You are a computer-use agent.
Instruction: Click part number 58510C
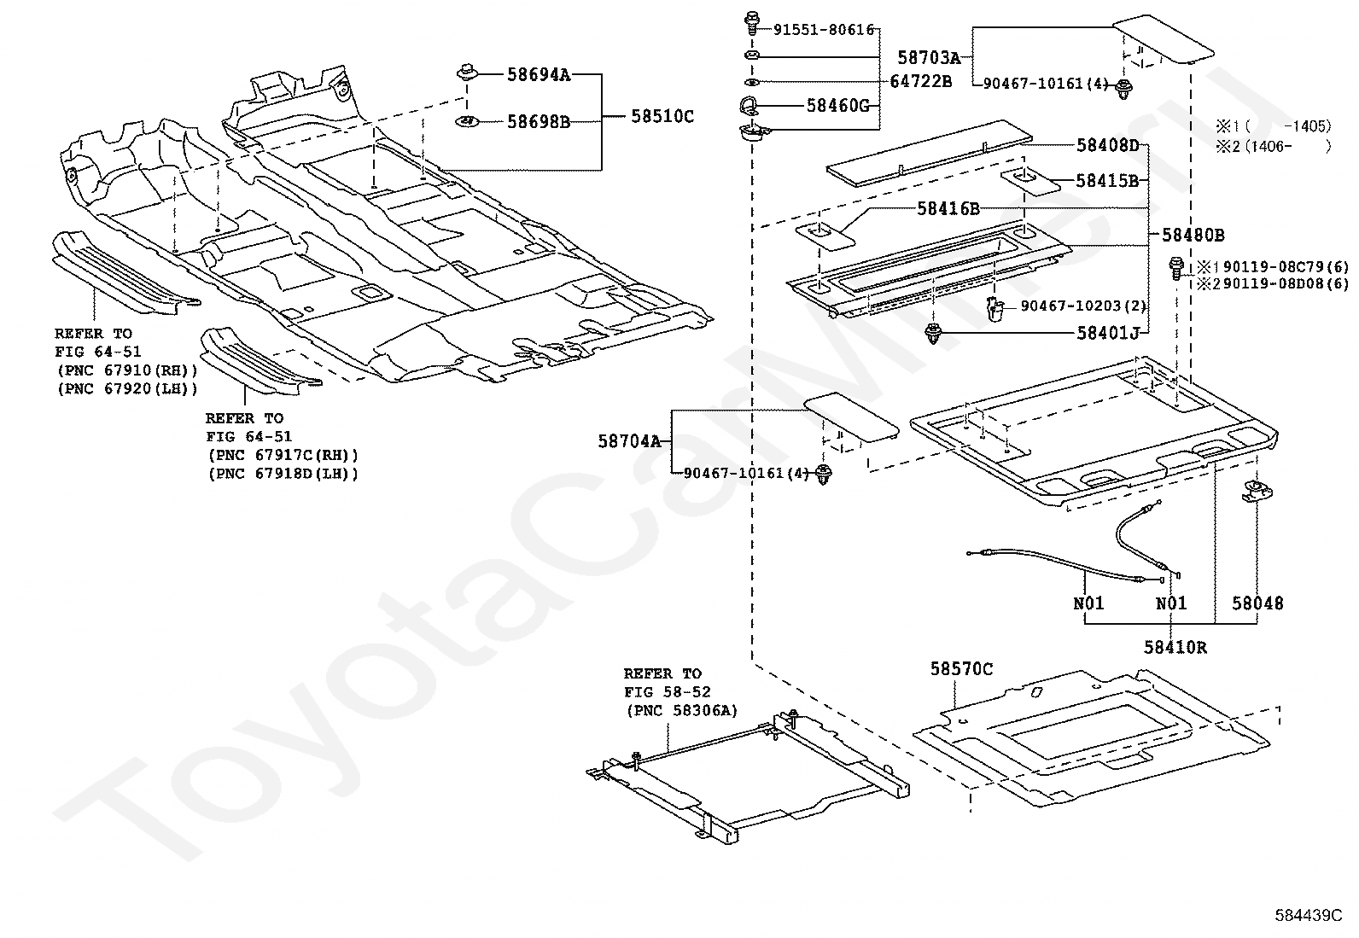[x=662, y=116]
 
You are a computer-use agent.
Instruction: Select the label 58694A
[x=538, y=74]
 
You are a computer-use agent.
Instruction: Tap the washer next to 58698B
[x=468, y=121]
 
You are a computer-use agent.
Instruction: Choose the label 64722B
[x=920, y=81]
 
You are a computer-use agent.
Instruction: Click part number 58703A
[x=929, y=57]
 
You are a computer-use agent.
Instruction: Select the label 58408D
[x=1107, y=145]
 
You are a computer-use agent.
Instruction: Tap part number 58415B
[x=1107, y=180]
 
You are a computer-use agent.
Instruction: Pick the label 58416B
[x=948, y=208]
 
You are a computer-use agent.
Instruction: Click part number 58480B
[x=1193, y=235]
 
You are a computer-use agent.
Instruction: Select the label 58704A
[x=629, y=441]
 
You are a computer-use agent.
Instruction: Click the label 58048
[x=1257, y=603]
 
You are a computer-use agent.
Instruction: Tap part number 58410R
[x=1175, y=647]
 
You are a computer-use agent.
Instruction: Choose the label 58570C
[x=961, y=669]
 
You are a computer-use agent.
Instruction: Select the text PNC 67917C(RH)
[x=283, y=456]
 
